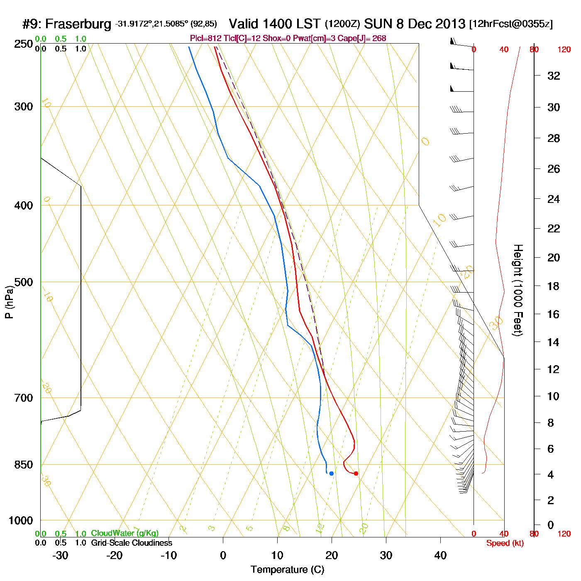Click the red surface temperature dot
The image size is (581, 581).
[356, 474]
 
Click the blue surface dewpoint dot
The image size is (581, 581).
[331, 474]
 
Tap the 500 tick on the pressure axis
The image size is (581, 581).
[24, 282]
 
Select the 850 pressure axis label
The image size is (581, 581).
[24, 465]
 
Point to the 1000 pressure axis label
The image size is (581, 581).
[21, 520]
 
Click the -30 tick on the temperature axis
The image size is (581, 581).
[60, 555]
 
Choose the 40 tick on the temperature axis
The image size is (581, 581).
[440, 555]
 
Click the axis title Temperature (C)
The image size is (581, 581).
[287, 570]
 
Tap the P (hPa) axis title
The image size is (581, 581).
[9, 302]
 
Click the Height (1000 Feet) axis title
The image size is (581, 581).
[518, 290]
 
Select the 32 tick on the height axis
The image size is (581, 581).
[554, 76]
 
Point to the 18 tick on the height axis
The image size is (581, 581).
[554, 286]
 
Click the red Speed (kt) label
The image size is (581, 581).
[505, 543]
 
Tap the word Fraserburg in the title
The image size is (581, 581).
[78, 24]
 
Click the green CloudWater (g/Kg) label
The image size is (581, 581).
[124, 533]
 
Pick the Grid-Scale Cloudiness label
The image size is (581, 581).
[132, 543]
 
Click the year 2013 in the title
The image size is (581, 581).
[451, 24]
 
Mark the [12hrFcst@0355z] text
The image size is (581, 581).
[511, 24]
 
